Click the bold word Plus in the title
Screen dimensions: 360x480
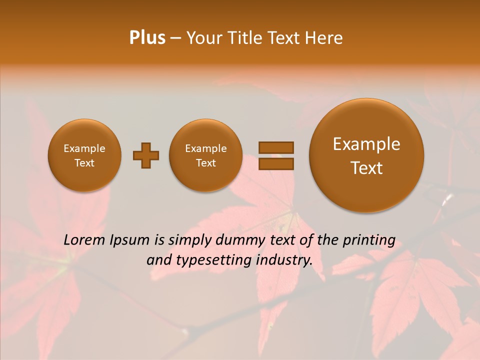click(x=147, y=38)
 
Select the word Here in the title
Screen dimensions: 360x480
click(x=324, y=38)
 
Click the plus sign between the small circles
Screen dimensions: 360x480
click(x=146, y=155)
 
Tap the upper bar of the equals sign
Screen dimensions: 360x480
click(x=275, y=147)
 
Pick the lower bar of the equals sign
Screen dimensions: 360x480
click(x=275, y=163)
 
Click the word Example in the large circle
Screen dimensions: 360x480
click(x=366, y=144)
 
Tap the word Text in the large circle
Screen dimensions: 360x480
click(x=366, y=168)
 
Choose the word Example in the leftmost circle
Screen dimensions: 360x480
click(x=84, y=148)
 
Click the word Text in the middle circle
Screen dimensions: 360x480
click(x=205, y=163)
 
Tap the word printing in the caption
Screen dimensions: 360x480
click(x=370, y=240)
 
